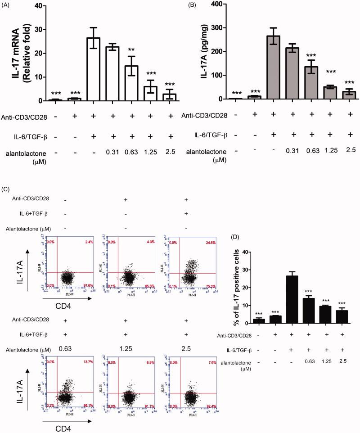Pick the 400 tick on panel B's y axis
[x=222, y=4]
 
